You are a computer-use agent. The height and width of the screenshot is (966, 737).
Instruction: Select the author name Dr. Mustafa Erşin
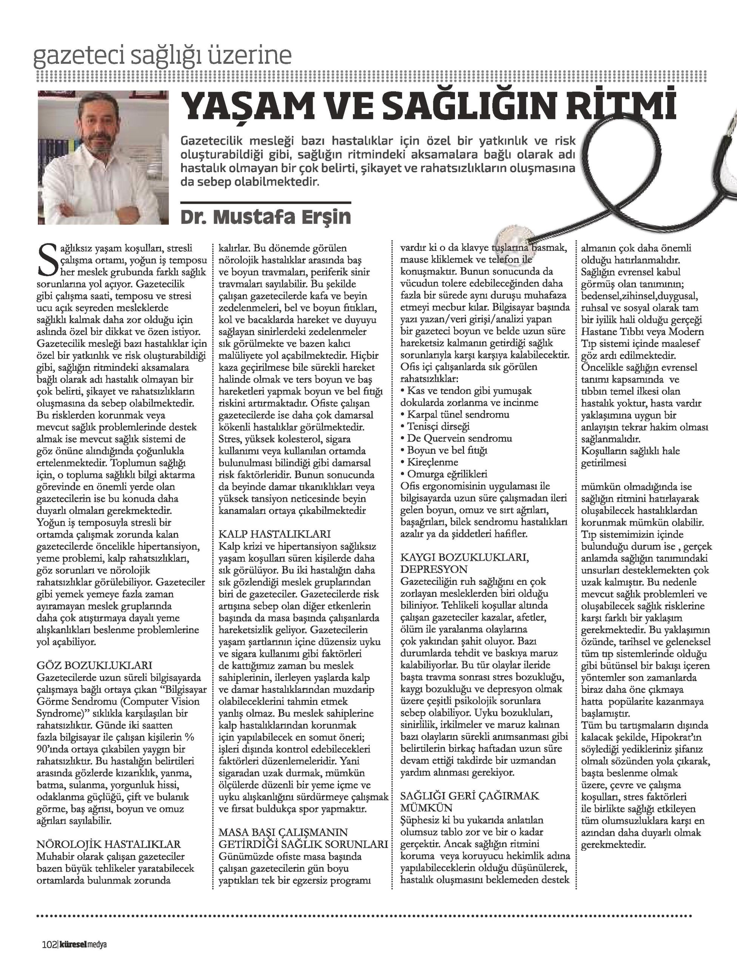(266, 217)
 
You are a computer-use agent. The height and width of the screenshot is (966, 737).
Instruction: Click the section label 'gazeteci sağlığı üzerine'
(162, 56)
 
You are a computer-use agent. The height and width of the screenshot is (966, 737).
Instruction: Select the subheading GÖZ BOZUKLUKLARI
(95, 665)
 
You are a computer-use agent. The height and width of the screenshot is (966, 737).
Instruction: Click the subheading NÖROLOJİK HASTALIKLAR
(108, 843)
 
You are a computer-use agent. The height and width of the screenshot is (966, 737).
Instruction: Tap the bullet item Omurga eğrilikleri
(447, 474)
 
